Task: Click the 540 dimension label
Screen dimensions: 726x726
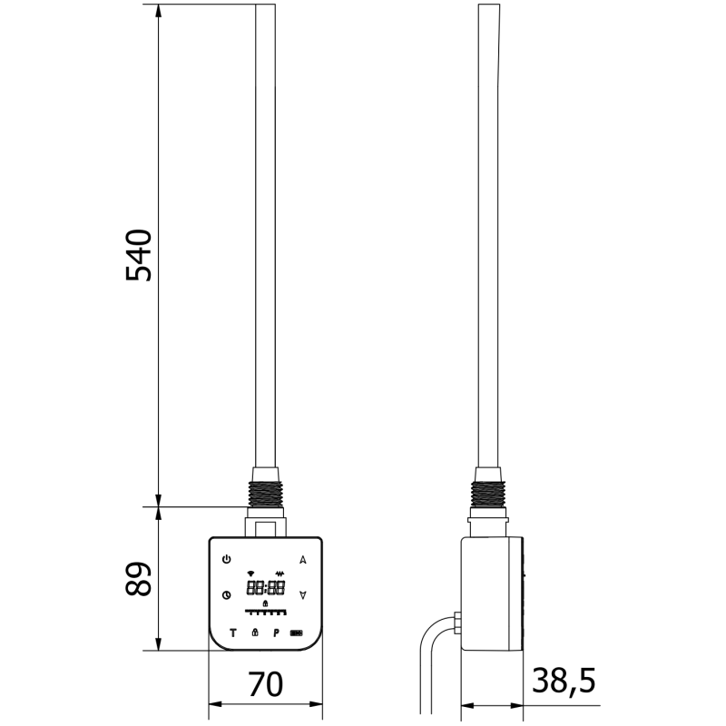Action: (x=139, y=255)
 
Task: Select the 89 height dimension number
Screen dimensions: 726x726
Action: (x=139, y=577)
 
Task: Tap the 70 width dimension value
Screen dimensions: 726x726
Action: (x=264, y=683)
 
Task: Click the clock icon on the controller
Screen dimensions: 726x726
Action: (x=226, y=595)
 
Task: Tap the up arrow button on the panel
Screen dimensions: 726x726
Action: (x=302, y=559)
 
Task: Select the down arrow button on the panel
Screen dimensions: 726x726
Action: (x=302, y=595)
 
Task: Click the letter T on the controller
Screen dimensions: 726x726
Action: (x=232, y=632)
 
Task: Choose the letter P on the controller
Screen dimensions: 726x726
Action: (x=275, y=632)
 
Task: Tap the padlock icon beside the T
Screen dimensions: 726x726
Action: (x=255, y=632)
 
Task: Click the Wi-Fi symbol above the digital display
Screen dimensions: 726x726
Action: (x=250, y=574)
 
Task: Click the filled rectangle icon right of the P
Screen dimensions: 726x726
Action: (x=297, y=633)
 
